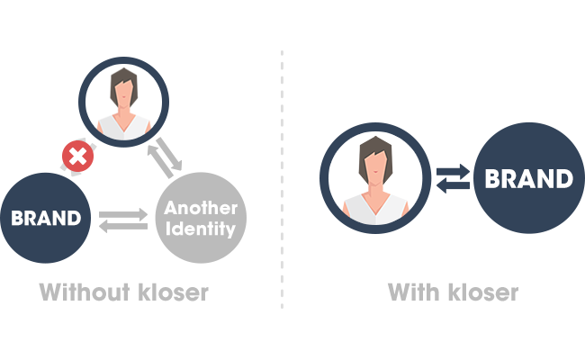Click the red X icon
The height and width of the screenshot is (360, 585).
coord(78,157)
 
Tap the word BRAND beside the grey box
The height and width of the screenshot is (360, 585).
coord(46,218)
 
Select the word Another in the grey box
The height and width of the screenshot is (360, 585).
coord(201,208)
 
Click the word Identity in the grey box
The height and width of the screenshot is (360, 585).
coord(201,229)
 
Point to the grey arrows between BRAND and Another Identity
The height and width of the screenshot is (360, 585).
coord(122,218)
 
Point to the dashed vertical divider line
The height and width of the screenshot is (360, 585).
coord(282,180)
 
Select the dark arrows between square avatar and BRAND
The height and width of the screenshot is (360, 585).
coord(452,178)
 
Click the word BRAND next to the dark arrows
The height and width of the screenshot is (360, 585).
coord(528,178)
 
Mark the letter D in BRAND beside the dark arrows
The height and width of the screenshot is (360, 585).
coord(562,178)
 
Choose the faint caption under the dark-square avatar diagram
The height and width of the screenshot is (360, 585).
coord(452,292)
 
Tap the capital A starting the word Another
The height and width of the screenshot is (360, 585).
coord(170,208)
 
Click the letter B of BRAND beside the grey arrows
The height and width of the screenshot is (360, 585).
coord(16,218)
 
